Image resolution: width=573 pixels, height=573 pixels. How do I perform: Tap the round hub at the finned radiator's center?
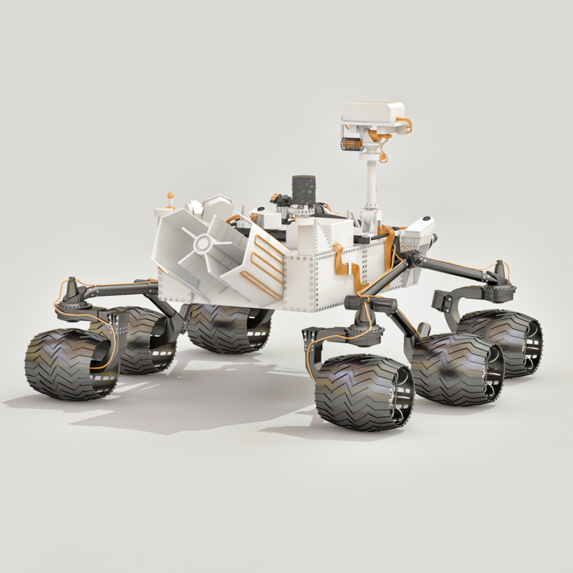201,244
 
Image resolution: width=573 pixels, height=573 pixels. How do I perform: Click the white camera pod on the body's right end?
420,228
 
